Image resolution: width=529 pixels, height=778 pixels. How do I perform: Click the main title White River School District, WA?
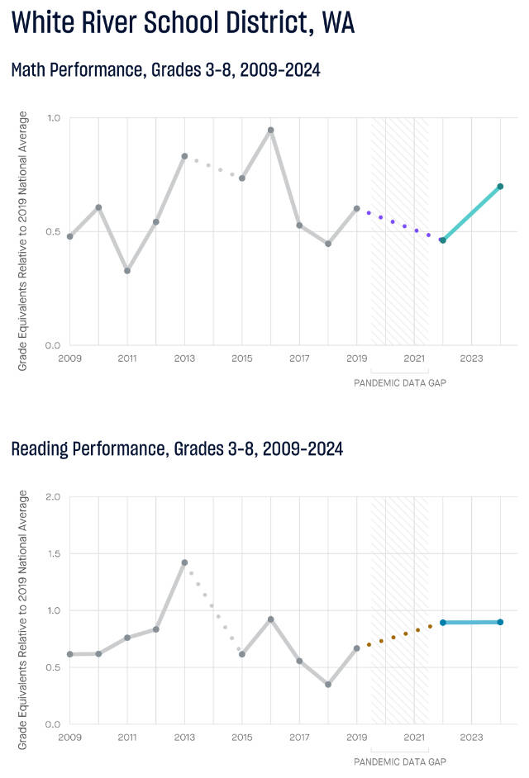183,23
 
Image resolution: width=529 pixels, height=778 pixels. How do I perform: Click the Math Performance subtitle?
165,70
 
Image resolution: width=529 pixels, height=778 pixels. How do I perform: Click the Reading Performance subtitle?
177,449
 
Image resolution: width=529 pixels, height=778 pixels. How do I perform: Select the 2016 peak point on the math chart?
270,130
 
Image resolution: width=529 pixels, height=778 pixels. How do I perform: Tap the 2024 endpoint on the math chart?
500,187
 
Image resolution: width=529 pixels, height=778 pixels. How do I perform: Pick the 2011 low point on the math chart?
127,271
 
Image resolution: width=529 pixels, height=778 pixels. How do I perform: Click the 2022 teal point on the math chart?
443,240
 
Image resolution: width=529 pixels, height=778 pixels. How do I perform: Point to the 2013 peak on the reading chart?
184,562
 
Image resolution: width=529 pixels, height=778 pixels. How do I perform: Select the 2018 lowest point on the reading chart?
328,685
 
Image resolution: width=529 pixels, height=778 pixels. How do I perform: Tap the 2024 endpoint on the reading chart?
500,622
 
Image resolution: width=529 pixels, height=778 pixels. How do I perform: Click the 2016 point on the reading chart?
270,619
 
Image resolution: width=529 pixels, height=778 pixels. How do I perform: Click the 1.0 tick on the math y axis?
54,118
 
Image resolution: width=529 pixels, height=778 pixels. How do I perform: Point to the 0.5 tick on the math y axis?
54,231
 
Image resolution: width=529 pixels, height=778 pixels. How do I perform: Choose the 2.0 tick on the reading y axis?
54,497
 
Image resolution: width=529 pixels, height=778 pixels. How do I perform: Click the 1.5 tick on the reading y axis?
54,553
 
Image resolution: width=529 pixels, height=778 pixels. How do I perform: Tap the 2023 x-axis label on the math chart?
471,359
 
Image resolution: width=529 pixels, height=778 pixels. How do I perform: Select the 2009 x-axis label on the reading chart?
69,738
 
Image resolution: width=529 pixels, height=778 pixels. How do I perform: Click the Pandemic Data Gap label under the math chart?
399,383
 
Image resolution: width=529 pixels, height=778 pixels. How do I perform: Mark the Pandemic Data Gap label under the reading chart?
399,761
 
